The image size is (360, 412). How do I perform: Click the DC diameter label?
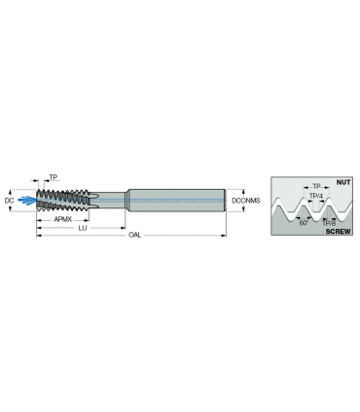(9, 201)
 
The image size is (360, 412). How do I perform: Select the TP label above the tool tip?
(54, 177)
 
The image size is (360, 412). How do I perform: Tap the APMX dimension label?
(62, 220)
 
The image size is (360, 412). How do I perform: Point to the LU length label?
(83, 228)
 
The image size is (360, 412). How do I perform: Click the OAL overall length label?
(135, 235)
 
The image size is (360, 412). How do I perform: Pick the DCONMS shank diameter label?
(246, 201)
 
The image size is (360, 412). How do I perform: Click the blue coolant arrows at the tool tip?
(26, 201)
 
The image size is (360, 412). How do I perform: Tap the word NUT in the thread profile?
(343, 182)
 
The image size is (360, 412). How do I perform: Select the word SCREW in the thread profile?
(338, 232)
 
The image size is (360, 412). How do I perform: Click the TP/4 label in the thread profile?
(316, 196)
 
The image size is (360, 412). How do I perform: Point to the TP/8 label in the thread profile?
(329, 223)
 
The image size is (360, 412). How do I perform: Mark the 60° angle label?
(304, 223)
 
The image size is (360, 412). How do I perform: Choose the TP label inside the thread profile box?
(316, 186)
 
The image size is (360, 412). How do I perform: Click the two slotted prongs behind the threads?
(93, 201)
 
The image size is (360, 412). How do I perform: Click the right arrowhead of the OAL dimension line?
(224, 236)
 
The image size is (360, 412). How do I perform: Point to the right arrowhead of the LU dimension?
(123, 228)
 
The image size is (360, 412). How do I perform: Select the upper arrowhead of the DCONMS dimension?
(243, 192)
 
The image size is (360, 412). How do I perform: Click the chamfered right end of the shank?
(225, 201)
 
